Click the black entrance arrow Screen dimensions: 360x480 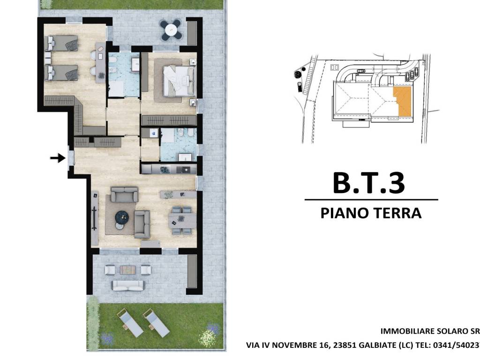pyautogui.click(x=58, y=158)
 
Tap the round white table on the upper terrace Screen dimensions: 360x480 pyautogui.click(x=172, y=30)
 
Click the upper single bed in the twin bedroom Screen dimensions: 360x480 pyautogui.click(x=61, y=43)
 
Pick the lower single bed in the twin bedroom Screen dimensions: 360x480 pyautogui.click(x=61, y=72)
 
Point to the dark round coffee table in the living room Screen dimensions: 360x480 pyautogui.click(x=122, y=216)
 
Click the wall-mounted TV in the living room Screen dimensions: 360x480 pyautogui.click(x=95, y=217)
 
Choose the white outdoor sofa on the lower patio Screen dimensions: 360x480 pyautogui.click(x=128, y=285)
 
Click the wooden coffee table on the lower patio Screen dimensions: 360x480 pyautogui.click(x=127, y=270)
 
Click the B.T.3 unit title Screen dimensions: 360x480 pyautogui.click(x=368, y=183)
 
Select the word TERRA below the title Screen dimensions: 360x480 pyautogui.click(x=396, y=213)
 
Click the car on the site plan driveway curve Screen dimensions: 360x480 pyautogui.click(x=361, y=71)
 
